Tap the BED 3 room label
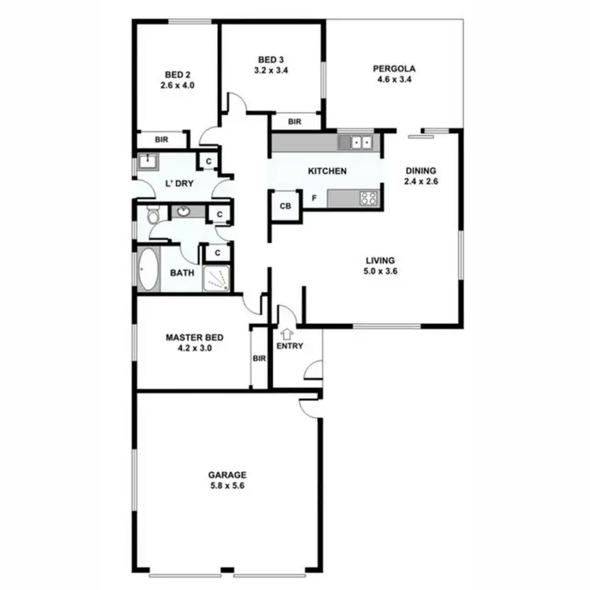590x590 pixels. pos(270,58)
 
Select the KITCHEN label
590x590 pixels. pos(326,171)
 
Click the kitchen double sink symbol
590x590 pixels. pos(359,142)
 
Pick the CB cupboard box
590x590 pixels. pos(286,206)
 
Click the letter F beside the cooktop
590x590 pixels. pos(314,198)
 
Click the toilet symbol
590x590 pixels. pos(153,212)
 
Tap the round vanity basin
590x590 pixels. pos(183,211)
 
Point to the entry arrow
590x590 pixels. pos(285,334)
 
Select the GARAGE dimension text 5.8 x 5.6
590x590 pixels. pos(227,485)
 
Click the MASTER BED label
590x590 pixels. pos(190,338)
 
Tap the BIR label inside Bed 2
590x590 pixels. pos(161,139)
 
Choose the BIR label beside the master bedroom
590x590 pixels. pos(260,359)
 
